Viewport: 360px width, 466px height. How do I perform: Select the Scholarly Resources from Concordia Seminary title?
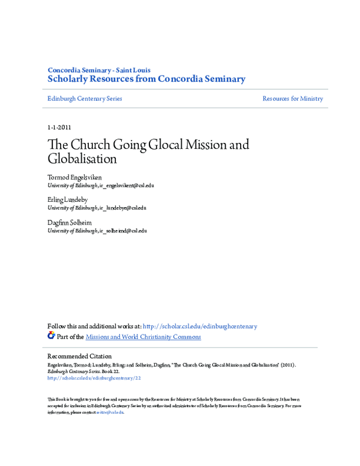146,79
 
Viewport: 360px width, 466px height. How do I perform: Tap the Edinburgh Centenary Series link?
85,98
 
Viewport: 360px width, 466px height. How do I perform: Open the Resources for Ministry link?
292,98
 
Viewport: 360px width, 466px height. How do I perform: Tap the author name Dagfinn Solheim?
70,223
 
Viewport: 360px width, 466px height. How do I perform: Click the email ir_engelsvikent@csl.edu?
127,186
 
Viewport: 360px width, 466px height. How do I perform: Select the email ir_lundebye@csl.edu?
122,208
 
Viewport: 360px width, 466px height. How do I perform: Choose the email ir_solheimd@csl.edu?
123,230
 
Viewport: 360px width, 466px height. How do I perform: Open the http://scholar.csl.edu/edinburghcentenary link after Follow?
200,327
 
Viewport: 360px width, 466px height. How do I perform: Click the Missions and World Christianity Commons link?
143,337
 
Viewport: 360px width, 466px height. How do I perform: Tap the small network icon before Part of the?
51,336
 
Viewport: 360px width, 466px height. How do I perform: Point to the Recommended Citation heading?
79,356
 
